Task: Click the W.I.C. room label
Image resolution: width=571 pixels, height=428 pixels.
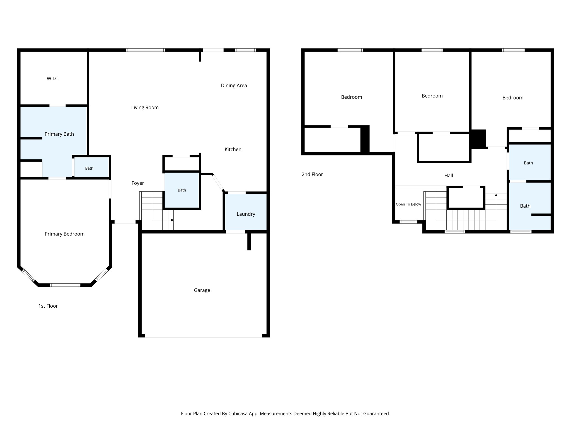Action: point(53,79)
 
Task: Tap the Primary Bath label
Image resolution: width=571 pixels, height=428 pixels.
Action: point(59,134)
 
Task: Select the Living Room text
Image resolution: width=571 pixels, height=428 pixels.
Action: point(145,108)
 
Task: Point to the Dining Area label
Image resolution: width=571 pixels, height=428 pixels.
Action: point(234,86)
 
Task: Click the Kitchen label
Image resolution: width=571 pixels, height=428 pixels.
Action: point(233,149)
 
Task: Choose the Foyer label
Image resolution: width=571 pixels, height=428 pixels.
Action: point(138,183)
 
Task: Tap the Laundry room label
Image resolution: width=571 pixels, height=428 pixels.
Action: point(246,214)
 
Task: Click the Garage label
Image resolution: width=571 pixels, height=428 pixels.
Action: point(202,290)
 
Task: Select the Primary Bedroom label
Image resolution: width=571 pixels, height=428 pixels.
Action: point(65,234)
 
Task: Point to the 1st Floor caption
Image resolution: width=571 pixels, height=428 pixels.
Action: point(48,306)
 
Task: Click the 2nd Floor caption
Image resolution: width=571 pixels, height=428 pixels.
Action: point(312,174)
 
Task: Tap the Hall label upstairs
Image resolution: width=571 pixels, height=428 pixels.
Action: point(449,176)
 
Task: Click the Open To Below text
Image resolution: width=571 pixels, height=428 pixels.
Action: point(408,204)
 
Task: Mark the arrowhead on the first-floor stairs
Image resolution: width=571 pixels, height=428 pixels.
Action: point(172,220)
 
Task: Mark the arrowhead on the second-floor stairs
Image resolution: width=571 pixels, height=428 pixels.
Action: point(496,195)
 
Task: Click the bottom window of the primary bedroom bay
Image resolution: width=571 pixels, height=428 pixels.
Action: point(65,285)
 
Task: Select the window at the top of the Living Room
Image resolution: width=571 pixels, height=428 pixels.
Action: point(146,50)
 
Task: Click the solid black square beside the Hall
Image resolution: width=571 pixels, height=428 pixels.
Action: point(478,139)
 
